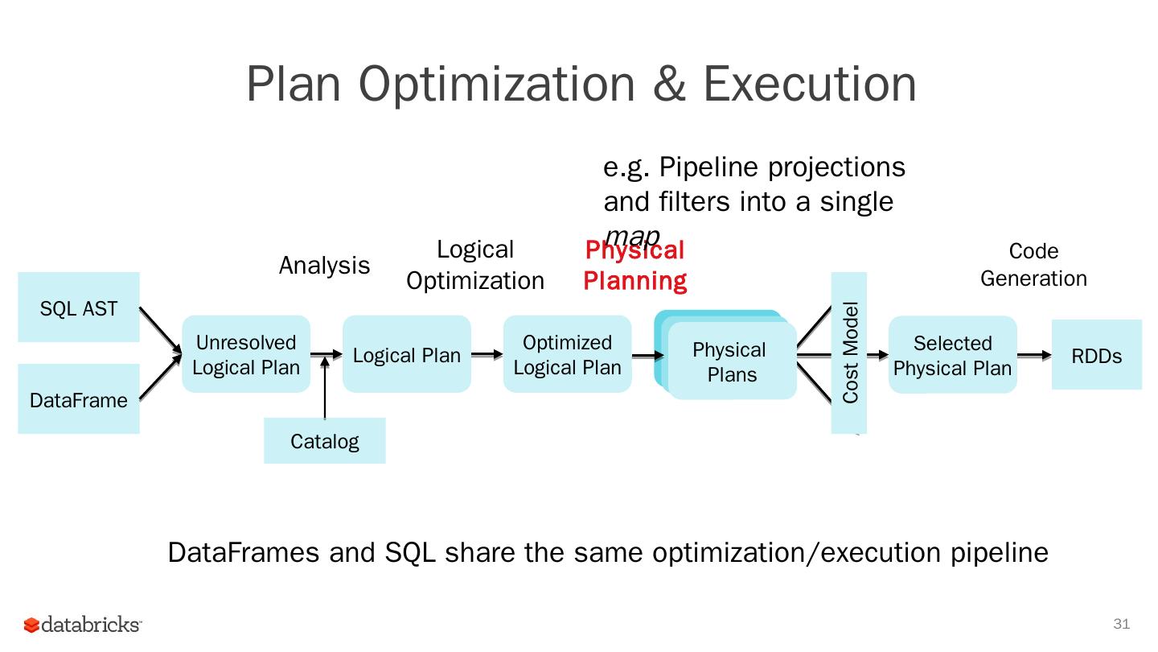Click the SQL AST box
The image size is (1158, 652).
pyautogui.click(x=79, y=307)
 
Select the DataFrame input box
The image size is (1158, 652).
pyautogui.click(x=79, y=399)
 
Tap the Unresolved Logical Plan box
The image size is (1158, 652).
pyautogui.click(x=246, y=354)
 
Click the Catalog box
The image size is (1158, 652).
pyautogui.click(x=325, y=441)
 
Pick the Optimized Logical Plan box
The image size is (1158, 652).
pyautogui.click(x=568, y=354)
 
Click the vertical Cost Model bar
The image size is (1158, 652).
pyautogui.click(x=849, y=353)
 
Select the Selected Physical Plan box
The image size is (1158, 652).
pyautogui.click(x=953, y=355)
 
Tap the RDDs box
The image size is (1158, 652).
pyautogui.click(x=1096, y=355)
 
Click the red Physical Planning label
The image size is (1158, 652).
pyautogui.click(x=634, y=266)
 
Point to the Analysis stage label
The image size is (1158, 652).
pyautogui.click(x=324, y=266)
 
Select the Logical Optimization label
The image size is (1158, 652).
pyautogui.click(x=475, y=265)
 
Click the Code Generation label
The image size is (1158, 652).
pyautogui.click(x=1033, y=265)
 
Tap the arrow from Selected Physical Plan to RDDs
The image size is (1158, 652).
pyautogui.click(x=1034, y=355)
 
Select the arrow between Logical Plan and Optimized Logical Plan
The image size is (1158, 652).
pyautogui.click(x=487, y=354)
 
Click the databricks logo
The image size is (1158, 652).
pyautogui.click(x=83, y=625)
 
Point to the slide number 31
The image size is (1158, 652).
pyautogui.click(x=1121, y=624)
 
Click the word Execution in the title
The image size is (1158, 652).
pyautogui.click(x=810, y=83)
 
